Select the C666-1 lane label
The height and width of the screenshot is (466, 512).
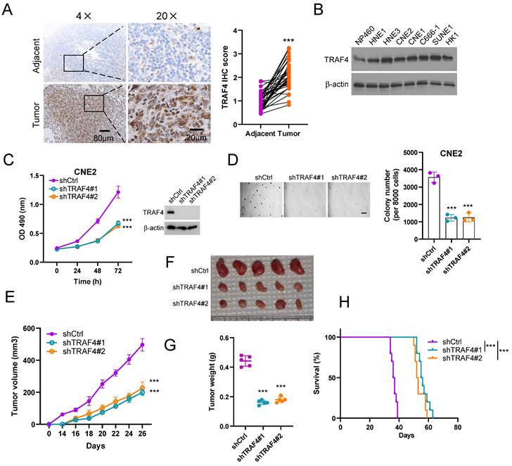pos(442,32)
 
